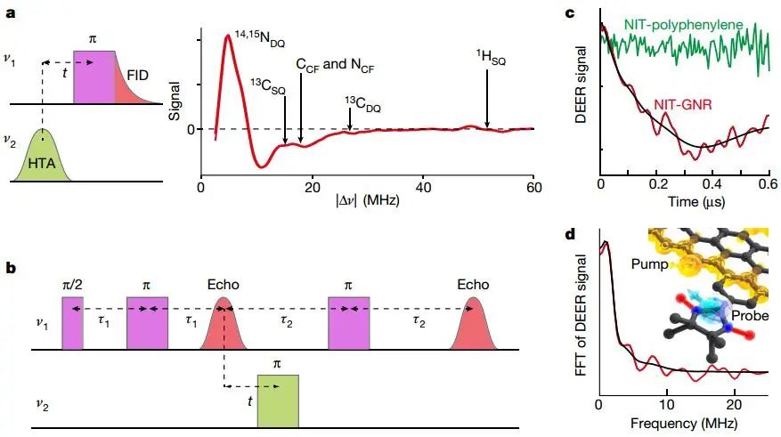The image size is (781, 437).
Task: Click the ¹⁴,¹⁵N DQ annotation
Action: click(261, 37)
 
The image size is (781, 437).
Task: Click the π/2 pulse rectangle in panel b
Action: click(71, 322)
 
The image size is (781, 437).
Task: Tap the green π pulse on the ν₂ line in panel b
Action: click(278, 401)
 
